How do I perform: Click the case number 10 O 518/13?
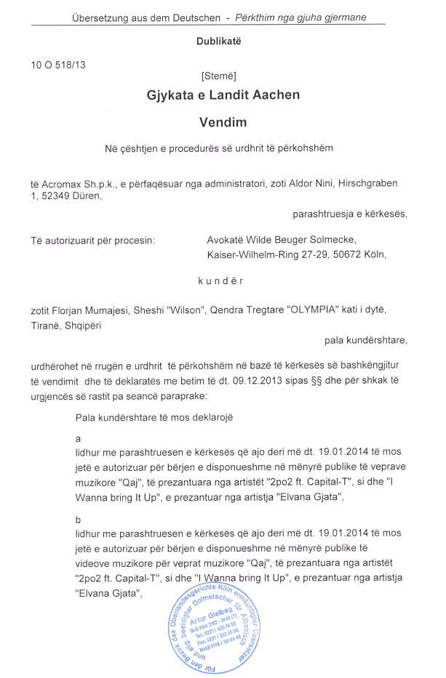pos(58,65)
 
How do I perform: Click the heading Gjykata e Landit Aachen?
pos(223,95)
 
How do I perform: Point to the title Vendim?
pos(223,123)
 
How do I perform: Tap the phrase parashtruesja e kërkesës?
pos(349,214)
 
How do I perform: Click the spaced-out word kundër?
pos(220,281)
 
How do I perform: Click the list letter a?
pos(78,439)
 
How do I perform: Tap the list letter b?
pos(78,521)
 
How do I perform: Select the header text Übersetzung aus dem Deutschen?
pos(145,17)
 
